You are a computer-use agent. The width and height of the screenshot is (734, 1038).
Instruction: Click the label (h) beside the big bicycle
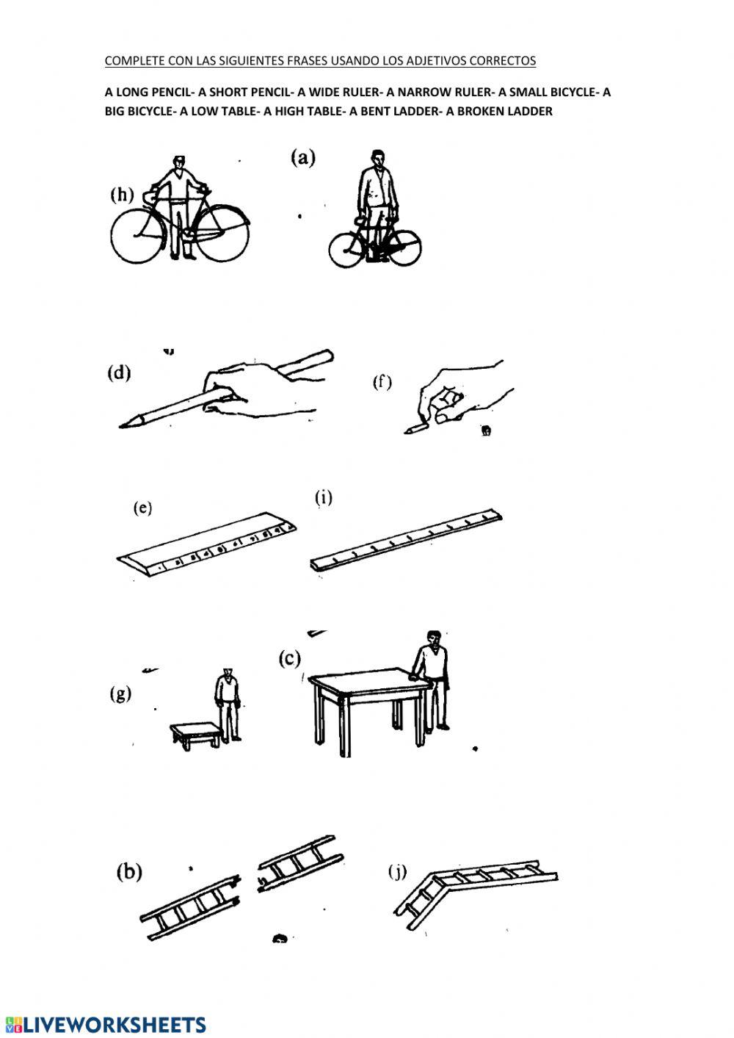point(122,195)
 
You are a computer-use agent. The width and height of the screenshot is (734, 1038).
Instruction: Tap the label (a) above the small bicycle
point(303,157)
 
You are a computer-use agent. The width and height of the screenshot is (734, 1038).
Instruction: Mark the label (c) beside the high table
point(290,658)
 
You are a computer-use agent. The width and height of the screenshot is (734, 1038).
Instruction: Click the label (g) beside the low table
point(120,693)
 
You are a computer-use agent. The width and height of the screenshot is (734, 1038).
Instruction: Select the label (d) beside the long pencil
point(119,372)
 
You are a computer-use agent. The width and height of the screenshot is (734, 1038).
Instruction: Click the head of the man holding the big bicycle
point(179,162)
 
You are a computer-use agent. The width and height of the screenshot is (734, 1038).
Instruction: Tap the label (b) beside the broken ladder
point(129,872)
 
